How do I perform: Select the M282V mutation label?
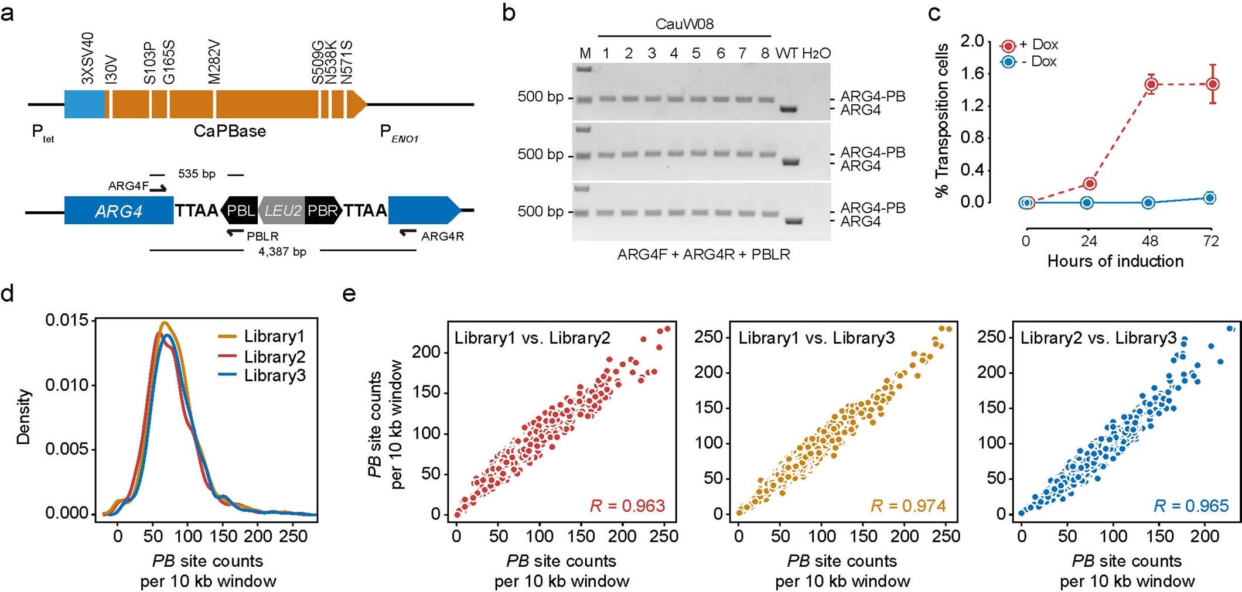pos(214,62)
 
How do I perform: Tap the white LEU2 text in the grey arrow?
pos(282,211)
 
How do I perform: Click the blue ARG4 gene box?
pos(118,211)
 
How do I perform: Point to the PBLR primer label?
pos(262,237)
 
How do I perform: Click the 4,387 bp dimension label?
pos(282,252)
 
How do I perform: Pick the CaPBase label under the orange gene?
pos(230,131)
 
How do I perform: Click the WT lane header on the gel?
pos(786,53)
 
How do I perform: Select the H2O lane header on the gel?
pos(816,53)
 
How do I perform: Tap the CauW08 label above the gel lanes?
pos(684,24)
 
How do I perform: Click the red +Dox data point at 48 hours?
pos(1151,84)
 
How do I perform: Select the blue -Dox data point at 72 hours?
pos(1209,198)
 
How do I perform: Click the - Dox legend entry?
pos(1037,61)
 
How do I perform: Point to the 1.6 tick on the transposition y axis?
pos(972,74)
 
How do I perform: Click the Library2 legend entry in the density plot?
pos(274,357)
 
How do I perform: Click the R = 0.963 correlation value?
pos(627,505)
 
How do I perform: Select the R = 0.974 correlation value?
pos(908,505)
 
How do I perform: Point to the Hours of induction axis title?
pos(1115,261)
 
